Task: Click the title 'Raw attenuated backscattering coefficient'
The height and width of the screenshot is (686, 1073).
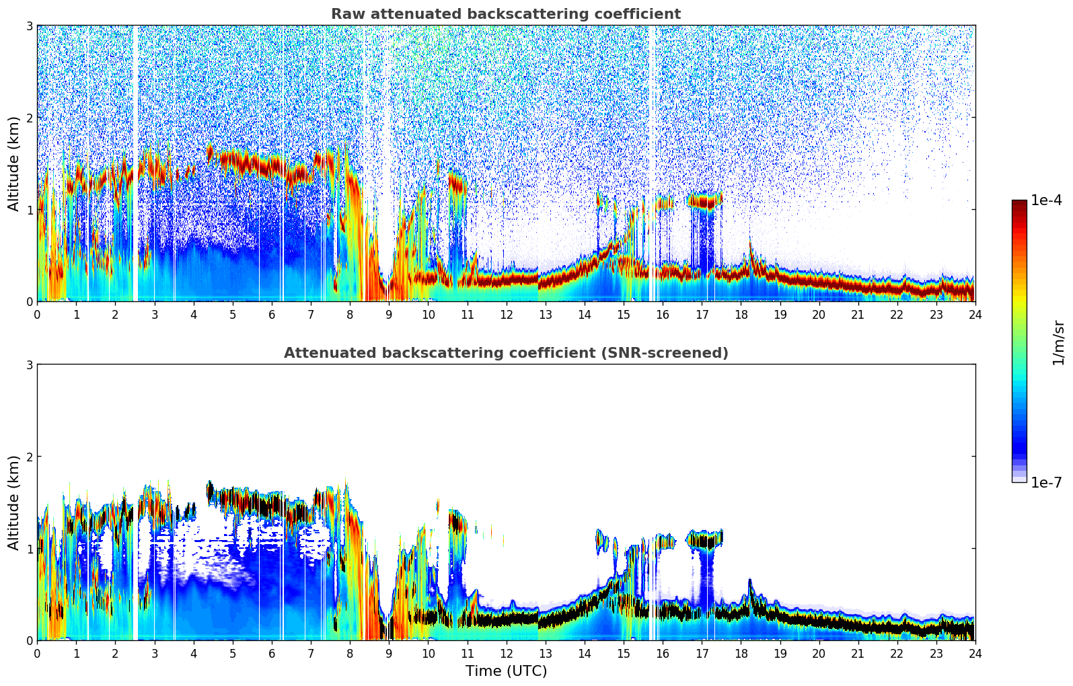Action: coord(505,14)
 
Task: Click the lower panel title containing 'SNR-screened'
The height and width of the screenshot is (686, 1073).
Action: coord(505,353)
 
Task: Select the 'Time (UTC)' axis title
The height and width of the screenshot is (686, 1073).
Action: coord(506,671)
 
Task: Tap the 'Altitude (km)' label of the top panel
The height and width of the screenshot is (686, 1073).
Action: coord(14,163)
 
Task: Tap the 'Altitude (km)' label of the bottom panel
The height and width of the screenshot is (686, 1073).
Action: coord(14,502)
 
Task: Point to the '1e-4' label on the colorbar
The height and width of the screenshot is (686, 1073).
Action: coord(1046,200)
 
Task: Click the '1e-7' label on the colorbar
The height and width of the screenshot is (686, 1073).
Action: coord(1046,482)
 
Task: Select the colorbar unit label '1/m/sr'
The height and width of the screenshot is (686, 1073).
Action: coord(1058,342)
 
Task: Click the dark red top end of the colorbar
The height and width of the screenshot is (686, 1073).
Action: coord(1019,203)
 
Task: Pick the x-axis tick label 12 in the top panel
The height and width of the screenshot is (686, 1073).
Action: coord(506,314)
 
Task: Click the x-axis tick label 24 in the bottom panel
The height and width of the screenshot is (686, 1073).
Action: coord(975,653)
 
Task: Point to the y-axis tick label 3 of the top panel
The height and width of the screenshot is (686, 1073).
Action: coord(30,26)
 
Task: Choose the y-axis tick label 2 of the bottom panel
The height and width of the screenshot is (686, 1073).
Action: coord(30,457)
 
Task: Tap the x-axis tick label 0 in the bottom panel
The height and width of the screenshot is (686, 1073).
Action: coord(37,653)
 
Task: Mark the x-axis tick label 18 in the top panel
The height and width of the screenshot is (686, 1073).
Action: coord(741,314)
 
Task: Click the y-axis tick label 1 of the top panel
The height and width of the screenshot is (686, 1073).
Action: coord(30,210)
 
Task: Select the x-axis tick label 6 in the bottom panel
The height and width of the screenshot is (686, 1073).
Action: coord(272,653)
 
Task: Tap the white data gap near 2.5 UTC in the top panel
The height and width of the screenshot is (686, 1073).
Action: coord(135,161)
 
